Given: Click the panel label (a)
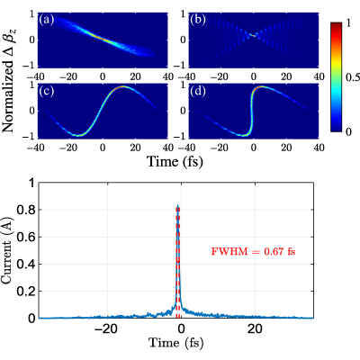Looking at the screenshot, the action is [47, 21].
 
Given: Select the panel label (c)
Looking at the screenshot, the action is [47, 92].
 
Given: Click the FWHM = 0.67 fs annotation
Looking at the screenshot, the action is [253, 251].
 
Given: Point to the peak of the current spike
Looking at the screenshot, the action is [177, 205].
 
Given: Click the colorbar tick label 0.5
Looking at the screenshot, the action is [353, 77].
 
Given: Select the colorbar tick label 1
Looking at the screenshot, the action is [348, 22].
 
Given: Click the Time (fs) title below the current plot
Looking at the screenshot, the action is [175, 343].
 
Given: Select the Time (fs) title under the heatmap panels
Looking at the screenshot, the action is [175, 161].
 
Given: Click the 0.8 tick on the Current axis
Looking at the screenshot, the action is [26, 211].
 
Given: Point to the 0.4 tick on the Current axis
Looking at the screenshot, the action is [26, 265].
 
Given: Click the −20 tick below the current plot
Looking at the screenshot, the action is [105, 329].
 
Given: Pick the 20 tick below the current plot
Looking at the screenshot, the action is [255, 329].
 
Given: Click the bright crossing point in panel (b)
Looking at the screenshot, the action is [254, 35].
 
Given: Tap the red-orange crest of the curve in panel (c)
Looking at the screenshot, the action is [123, 86].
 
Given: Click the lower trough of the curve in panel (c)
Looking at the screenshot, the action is [77, 135].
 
